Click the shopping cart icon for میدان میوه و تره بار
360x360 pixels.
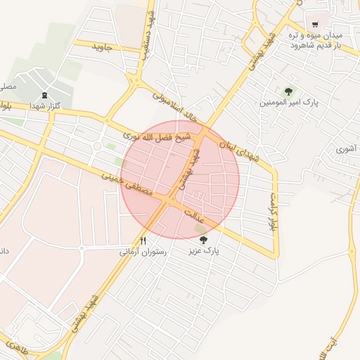(315, 24)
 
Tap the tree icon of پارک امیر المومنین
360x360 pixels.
(288, 91)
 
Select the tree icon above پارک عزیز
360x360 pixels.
(203, 240)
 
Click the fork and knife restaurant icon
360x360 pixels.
(143, 240)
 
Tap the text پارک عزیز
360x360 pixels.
(206, 250)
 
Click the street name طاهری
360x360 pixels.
(14, 346)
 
